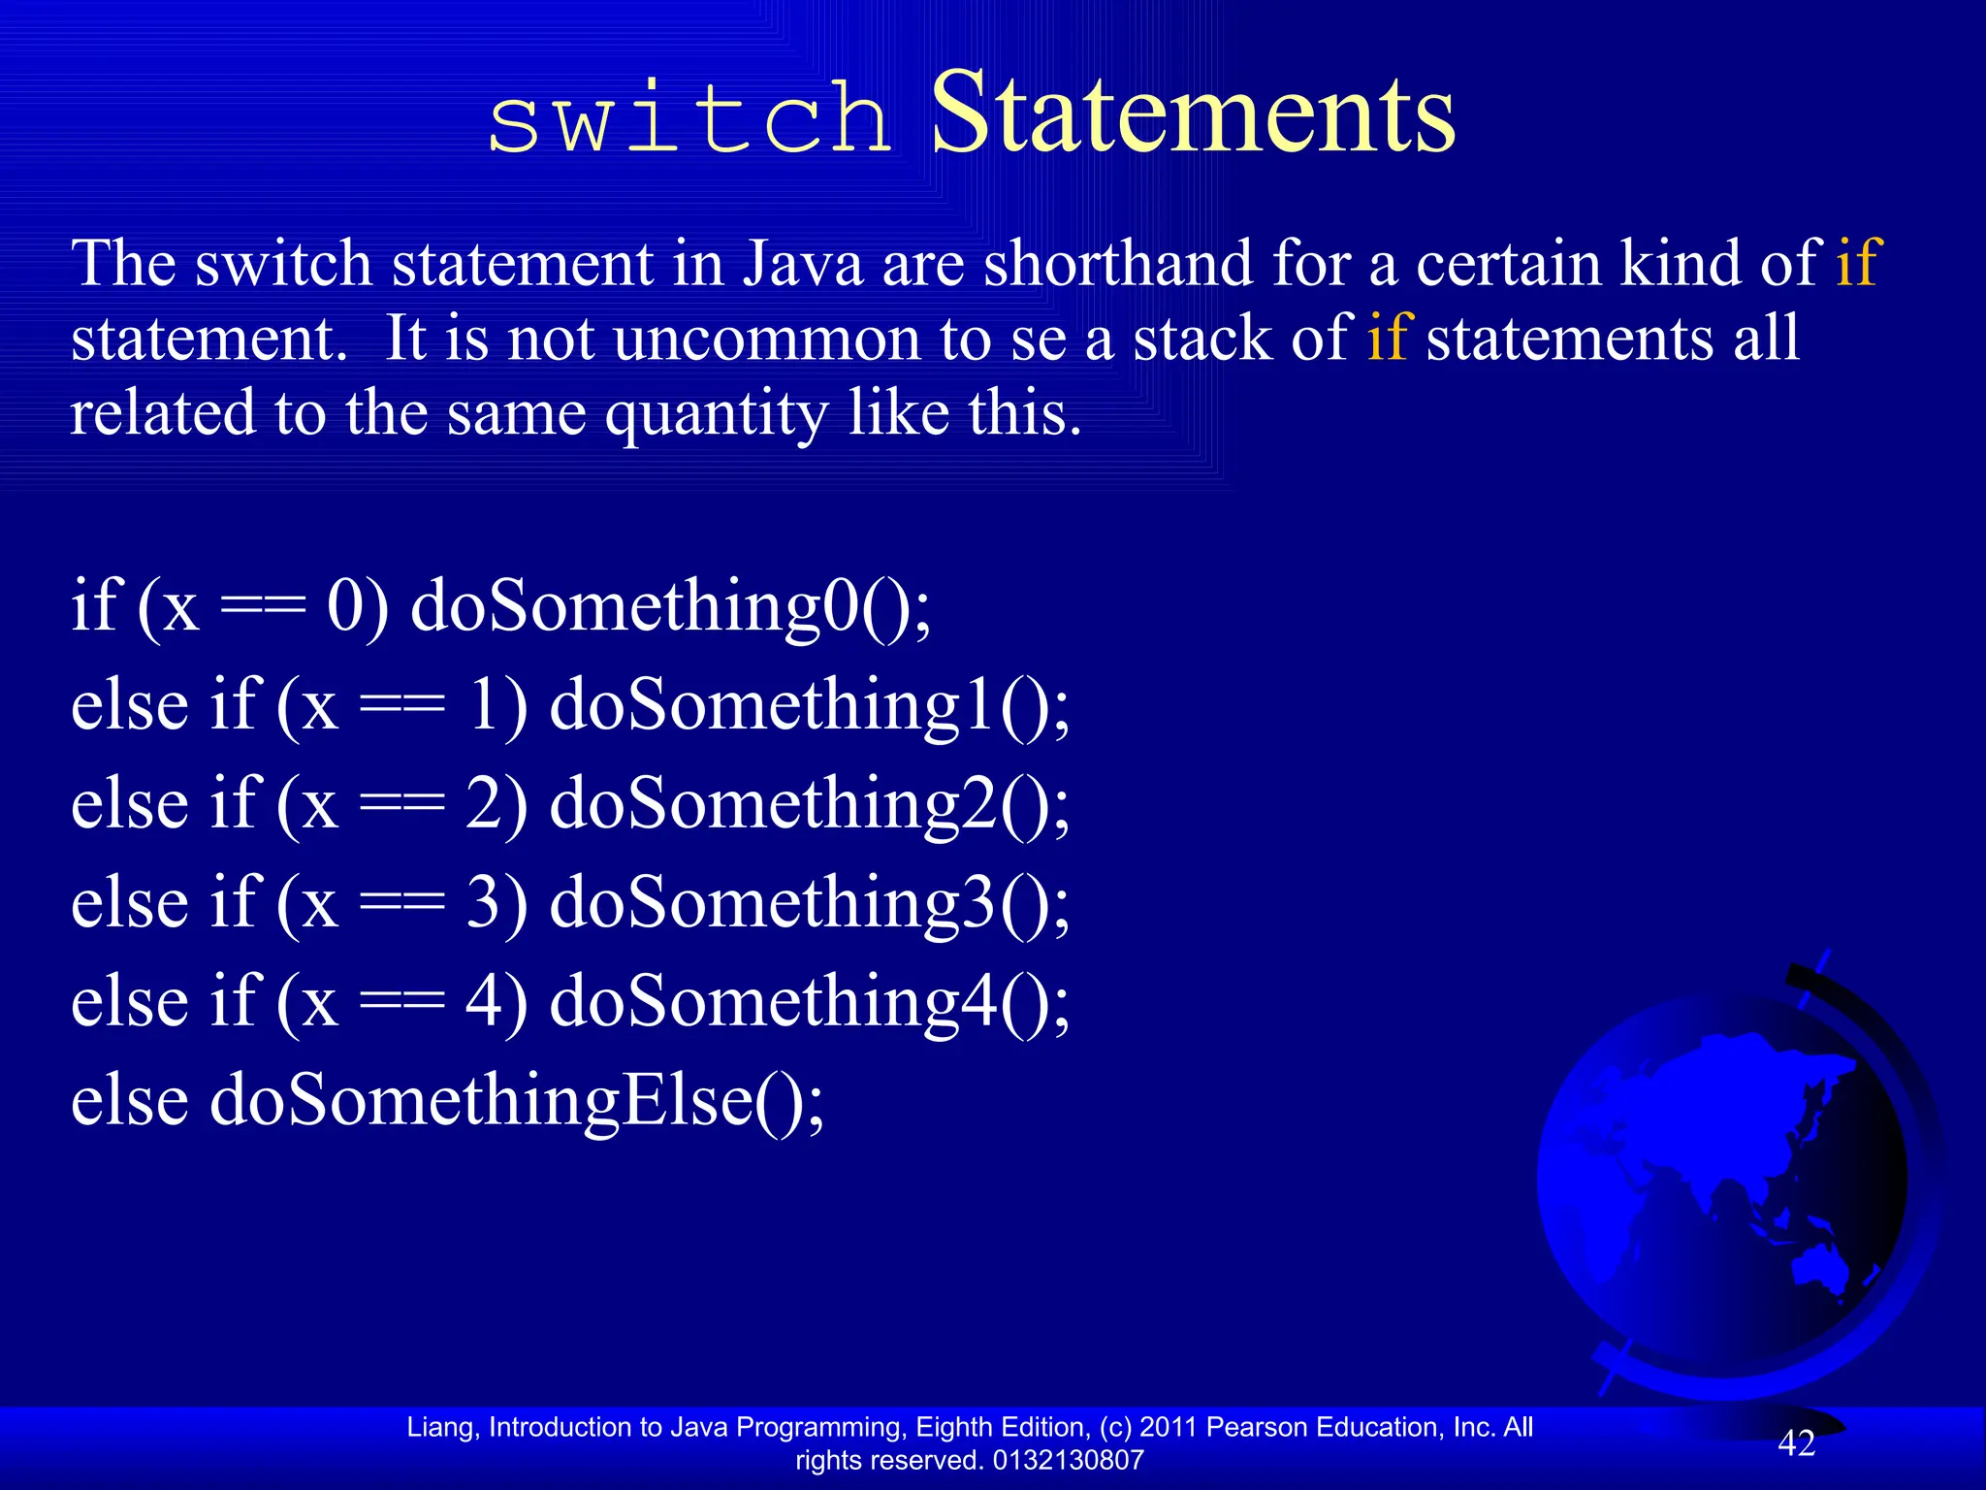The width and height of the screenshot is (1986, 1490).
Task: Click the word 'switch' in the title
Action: pyautogui.click(x=689, y=118)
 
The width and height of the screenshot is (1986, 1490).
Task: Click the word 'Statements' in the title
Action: pyautogui.click(x=1193, y=114)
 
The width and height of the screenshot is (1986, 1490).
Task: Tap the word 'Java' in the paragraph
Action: pyautogui.click(x=803, y=264)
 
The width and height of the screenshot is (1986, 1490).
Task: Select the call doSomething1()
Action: pyautogui.click(x=810, y=706)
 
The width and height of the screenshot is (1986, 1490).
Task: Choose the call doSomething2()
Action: pyautogui.click(x=810, y=805)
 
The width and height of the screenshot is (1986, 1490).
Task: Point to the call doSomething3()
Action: pyautogui.click(x=810, y=904)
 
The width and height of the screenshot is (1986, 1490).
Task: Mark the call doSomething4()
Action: pyautogui.click(x=810, y=1003)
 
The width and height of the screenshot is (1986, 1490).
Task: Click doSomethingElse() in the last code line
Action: pyautogui.click(x=517, y=1102)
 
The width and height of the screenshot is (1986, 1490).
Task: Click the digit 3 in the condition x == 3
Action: pyautogui.click(x=485, y=904)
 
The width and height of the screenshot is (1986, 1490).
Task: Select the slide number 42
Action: pyautogui.click(x=1796, y=1443)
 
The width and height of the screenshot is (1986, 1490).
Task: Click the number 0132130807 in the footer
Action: pyautogui.click(x=1068, y=1460)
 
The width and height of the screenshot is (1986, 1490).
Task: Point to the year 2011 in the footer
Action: pyautogui.click(x=1169, y=1427)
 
